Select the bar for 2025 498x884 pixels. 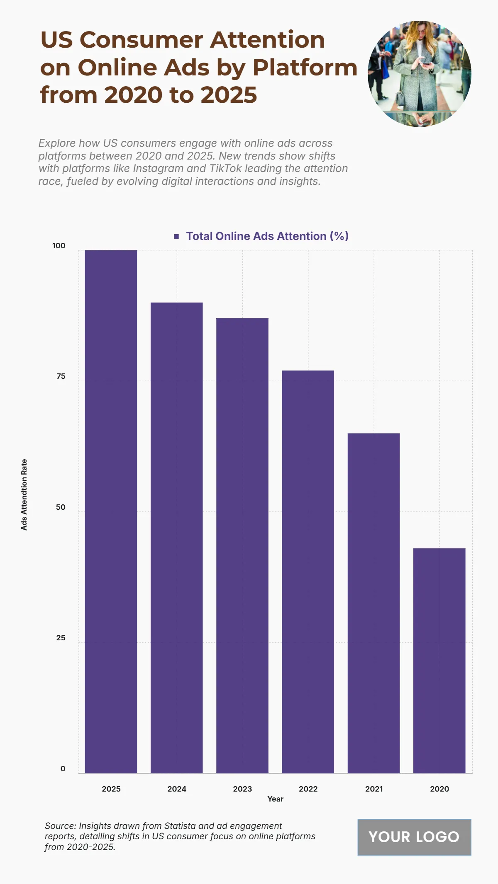point(111,511)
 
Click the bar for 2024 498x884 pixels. point(176,538)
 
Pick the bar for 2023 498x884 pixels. point(242,545)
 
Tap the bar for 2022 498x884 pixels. point(308,572)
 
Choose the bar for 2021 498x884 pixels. point(373,603)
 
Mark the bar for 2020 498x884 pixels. point(439,661)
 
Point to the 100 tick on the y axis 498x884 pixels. point(59,246)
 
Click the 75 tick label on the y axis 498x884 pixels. point(61,376)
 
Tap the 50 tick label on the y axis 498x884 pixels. point(61,507)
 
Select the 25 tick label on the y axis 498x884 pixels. point(61,638)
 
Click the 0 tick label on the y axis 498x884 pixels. point(63,769)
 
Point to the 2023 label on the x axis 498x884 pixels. point(242,789)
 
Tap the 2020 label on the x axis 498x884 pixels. point(439,789)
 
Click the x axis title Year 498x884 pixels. point(275,799)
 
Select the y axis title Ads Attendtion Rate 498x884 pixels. point(24,494)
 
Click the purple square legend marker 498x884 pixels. point(176,236)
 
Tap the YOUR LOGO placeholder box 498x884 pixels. point(414,837)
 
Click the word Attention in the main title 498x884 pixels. point(267,40)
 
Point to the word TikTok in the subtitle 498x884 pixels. point(226,168)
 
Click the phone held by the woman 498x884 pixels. point(426,64)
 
